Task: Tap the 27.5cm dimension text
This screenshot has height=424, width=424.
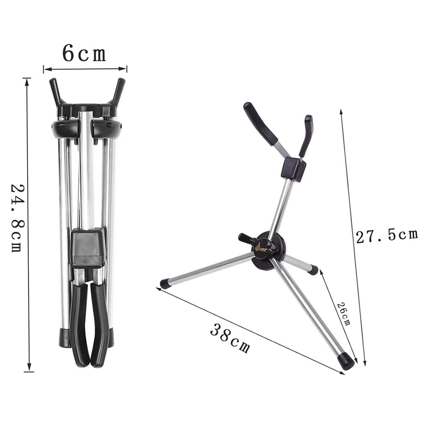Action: (386, 236)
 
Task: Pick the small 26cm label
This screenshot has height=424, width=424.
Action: (343, 314)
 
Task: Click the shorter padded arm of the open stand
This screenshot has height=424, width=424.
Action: (306, 135)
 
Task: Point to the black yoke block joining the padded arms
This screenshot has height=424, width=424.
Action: (293, 169)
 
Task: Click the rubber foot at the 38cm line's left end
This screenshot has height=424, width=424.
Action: (165, 284)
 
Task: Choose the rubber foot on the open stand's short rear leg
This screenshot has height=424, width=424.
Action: (313, 270)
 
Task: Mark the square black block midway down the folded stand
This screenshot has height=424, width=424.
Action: (87, 248)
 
